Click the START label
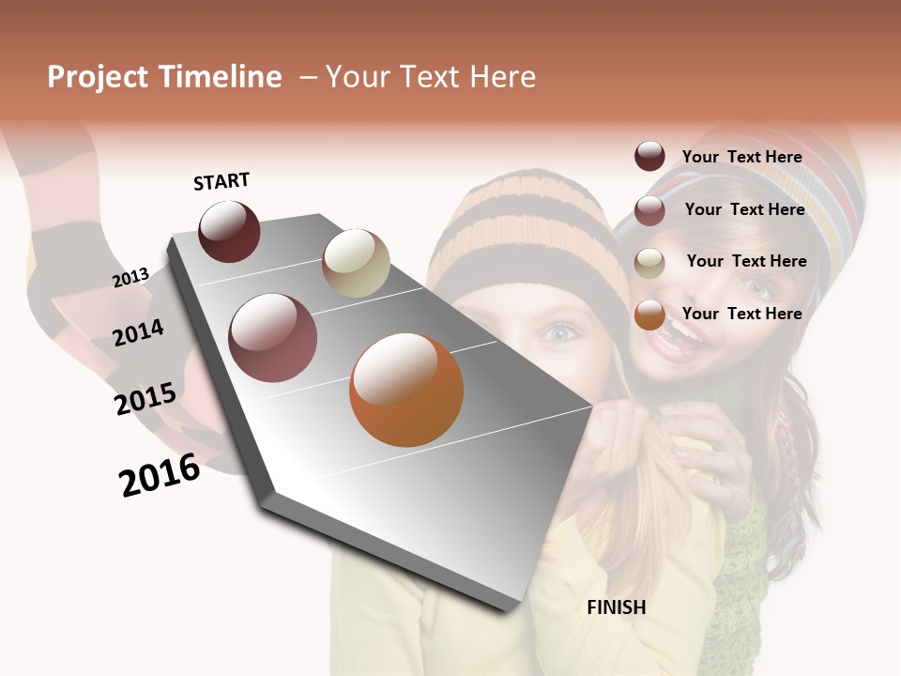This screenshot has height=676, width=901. click(x=221, y=181)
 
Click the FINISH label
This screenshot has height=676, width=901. click(x=616, y=607)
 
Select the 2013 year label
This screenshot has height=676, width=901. click(x=131, y=278)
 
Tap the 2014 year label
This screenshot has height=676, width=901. click(x=139, y=333)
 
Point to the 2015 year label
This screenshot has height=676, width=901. click(x=145, y=400)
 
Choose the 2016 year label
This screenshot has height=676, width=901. click(x=160, y=475)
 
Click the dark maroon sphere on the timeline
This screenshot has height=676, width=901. click(x=229, y=231)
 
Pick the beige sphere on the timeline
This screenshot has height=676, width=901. click(x=356, y=263)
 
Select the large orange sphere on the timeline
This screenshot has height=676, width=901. click(x=406, y=390)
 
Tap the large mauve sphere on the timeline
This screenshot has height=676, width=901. click(x=273, y=338)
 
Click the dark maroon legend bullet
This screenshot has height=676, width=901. click(x=649, y=157)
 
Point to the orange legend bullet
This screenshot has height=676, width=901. click(x=649, y=315)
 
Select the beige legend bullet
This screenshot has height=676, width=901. click(x=649, y=263)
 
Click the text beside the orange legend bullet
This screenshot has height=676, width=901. click(x=741, y=314)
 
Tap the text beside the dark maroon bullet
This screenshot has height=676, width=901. click(x=741, y=157)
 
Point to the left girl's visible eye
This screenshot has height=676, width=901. click(x=560, y=331)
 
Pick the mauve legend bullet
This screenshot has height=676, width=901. click(x=649, y=210)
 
